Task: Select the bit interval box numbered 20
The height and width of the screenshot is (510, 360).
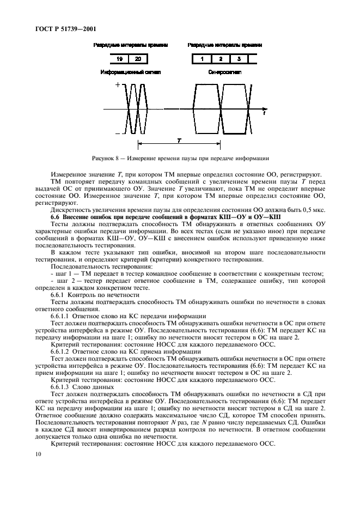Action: point(138,58)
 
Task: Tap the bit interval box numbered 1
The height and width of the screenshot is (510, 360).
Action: point(202,58)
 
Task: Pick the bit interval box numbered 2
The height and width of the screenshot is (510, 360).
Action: point(221,58)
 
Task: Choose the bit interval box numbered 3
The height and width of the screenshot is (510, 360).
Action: point(239,58)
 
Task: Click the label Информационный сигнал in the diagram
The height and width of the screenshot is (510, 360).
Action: point(131,72)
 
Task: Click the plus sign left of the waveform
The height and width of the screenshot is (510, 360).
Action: point(117,86)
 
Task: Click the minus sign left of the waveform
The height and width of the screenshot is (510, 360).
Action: point(117,132)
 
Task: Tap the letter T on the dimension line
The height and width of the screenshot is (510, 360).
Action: point(179,140)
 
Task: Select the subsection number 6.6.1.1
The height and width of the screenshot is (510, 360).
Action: point(61,315)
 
